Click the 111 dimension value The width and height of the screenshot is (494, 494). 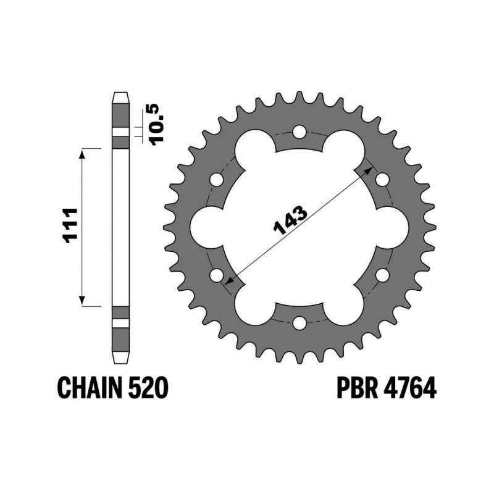71,227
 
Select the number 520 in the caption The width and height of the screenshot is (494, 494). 148,389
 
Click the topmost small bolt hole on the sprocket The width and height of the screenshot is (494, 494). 299,132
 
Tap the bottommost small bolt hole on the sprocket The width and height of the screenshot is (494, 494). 299,322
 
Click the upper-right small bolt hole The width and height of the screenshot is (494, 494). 382,180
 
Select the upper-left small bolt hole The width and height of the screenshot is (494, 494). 217,180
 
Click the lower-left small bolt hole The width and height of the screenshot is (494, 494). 217,275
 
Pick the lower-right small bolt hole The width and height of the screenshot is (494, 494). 382,275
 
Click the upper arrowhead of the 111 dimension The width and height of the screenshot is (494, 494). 82,153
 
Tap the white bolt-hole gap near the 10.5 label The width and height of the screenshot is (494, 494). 120,132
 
